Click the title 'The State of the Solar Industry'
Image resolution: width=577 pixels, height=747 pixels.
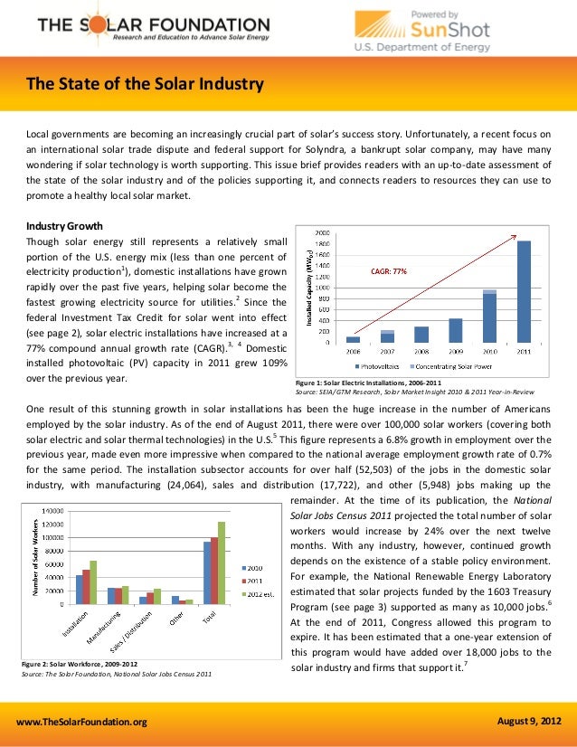pyautogui.click(x=145, y=86)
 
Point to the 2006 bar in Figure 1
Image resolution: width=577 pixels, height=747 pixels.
pyautogui.click(x=353, y=339)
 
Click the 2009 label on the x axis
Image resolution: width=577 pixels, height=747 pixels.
pyautogui.click(x=455, y=351)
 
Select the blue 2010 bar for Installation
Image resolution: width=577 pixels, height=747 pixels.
pyautogui.click(x=80, y=589)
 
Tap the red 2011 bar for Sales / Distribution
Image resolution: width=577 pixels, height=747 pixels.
pyautogui.click(x=149, y=598)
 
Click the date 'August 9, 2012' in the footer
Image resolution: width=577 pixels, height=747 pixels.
pyautogui.click(x=529, y=720)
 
